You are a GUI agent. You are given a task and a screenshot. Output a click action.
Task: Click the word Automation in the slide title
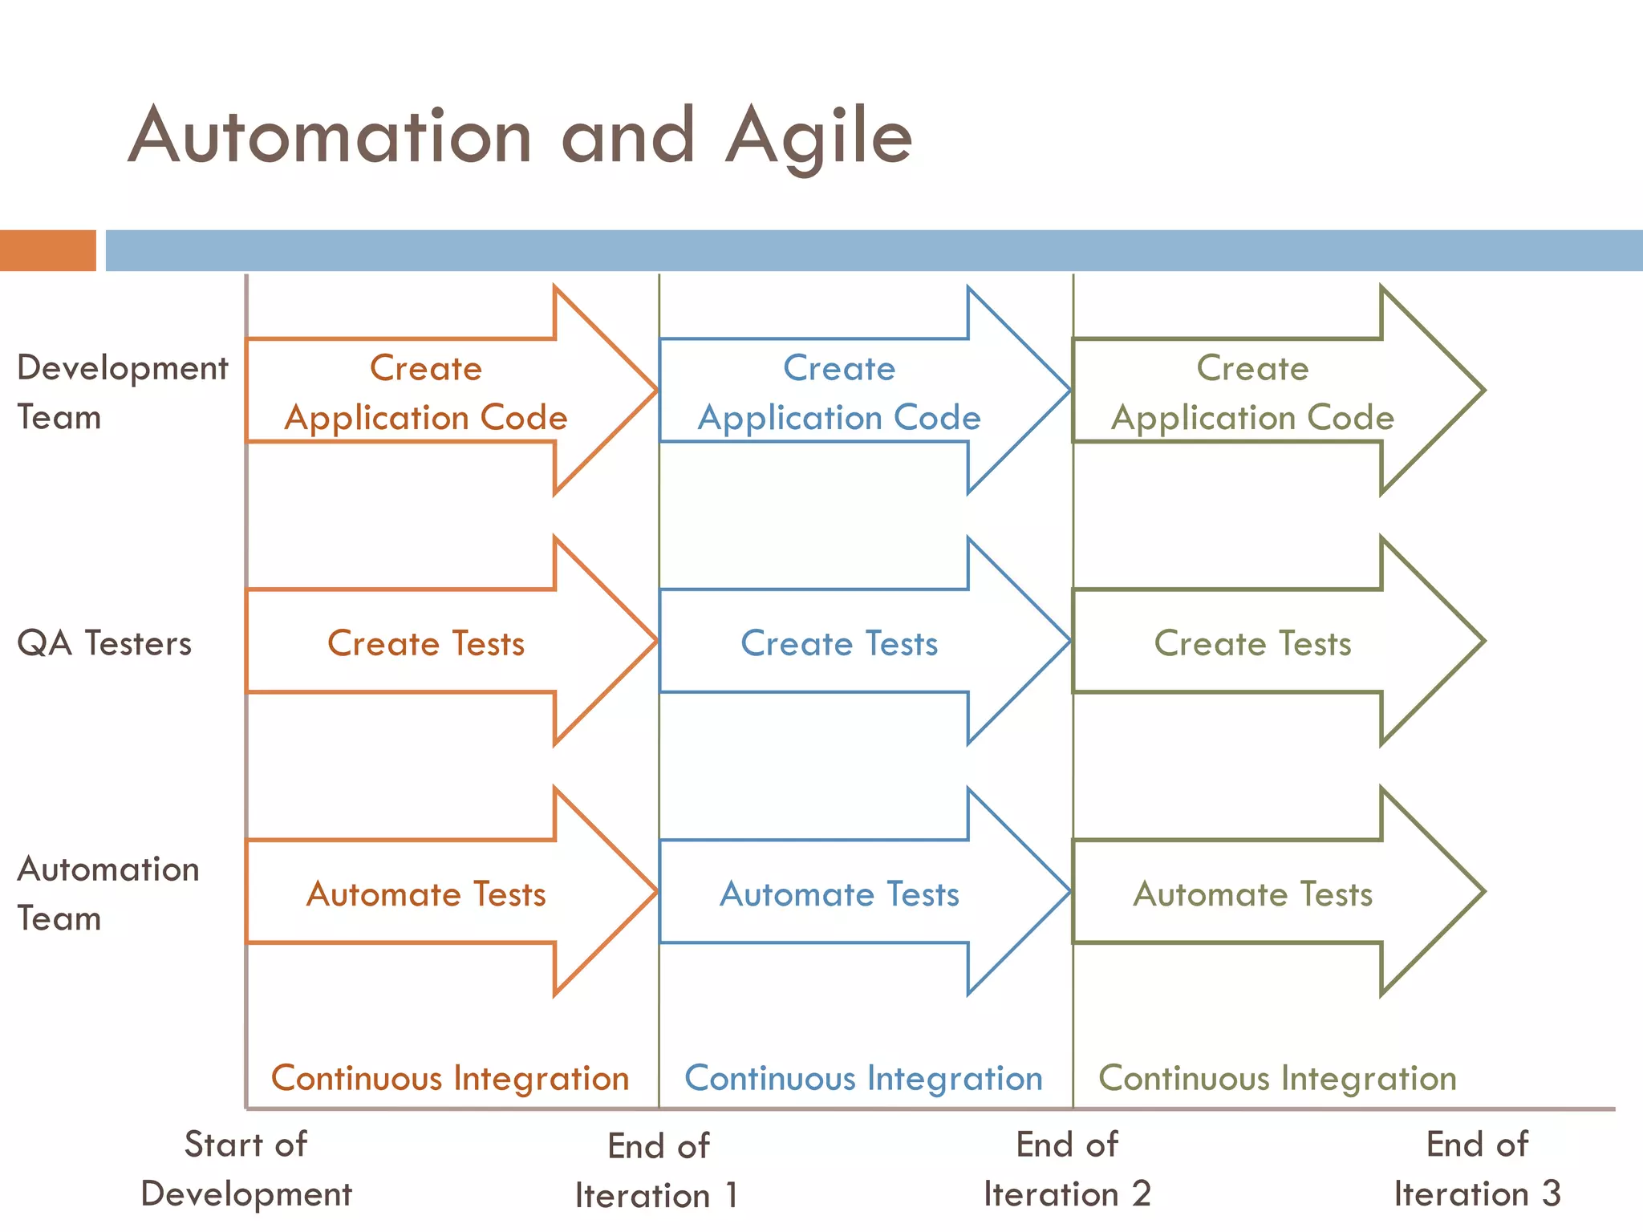point(329,136)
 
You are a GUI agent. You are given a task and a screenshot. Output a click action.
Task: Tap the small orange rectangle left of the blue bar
point(47,250)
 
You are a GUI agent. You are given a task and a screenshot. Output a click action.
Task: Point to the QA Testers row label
point(104,643)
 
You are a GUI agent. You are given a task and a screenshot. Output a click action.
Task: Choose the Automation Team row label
point(108,894)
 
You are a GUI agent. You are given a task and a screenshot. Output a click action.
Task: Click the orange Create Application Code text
point(425,393)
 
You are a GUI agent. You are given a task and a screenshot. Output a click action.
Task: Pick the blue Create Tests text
point(839,643)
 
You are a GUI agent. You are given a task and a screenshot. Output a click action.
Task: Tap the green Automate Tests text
point(1252,894)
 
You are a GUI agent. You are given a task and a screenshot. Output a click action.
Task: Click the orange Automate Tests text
point(425,894)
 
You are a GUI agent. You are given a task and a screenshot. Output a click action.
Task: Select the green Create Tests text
point(1252,643)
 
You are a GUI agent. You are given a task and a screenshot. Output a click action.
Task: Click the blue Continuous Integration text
point(863,1078)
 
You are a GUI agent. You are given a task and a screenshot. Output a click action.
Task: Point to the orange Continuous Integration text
point(449,1078)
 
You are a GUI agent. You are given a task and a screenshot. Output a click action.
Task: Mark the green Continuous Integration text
point(1277,1078)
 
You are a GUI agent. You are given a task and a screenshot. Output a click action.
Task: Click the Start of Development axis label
point(245,1169)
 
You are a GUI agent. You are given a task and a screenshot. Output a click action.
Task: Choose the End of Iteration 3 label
point(1477,1169)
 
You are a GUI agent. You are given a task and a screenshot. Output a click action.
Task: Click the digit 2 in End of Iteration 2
point(1141,1194)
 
